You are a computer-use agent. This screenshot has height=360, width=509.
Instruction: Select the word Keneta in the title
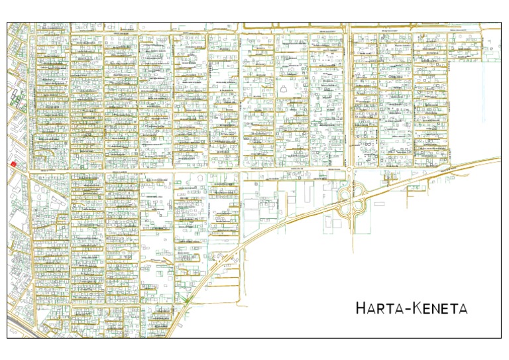point(440,308)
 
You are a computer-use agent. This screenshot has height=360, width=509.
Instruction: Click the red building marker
point(13,163)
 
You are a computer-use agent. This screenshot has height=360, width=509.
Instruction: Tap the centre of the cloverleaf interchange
point(351,200)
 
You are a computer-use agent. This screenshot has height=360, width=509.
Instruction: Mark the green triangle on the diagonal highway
point(188,300)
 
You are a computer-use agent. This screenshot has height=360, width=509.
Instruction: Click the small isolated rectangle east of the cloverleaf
point(378,204)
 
